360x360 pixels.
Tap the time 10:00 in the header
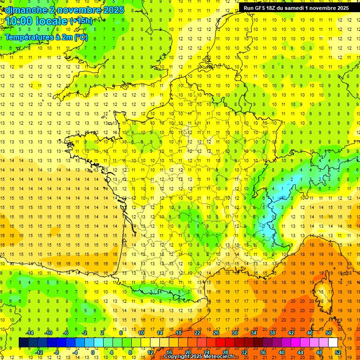(x=21, y=21)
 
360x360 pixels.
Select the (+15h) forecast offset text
(x=81, y=21)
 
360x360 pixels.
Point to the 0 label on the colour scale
(x=93, y=352)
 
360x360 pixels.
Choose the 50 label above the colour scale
(x=328, y=333)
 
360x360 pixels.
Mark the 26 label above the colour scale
(x=216, y=333)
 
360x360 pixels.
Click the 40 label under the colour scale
(x=281, y=352)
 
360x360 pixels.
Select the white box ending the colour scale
(x=333, y=343)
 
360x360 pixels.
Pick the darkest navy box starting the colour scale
(x=23, y=343)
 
